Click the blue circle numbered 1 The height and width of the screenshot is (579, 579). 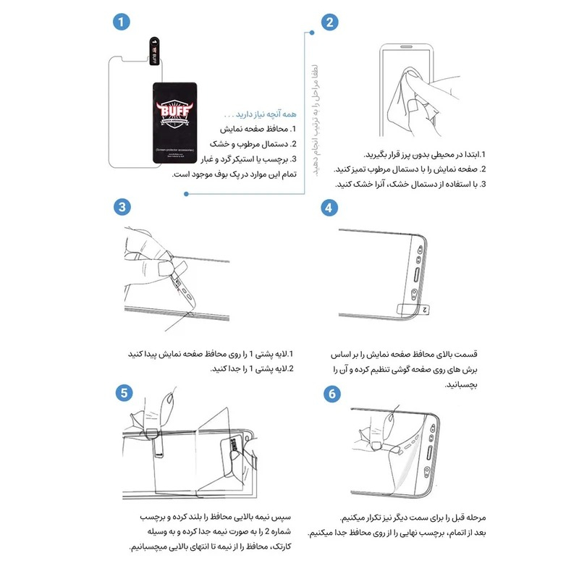[122, 22]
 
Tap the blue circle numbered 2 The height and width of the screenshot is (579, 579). [329, 22]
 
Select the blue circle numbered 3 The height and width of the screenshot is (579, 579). [122, 207]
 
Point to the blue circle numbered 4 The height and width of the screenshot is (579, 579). [329, 207]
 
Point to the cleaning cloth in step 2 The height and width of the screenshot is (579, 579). [402, 105]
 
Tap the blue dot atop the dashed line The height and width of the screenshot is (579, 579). [312, 32]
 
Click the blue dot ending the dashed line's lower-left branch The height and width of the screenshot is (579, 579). [186, 193]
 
